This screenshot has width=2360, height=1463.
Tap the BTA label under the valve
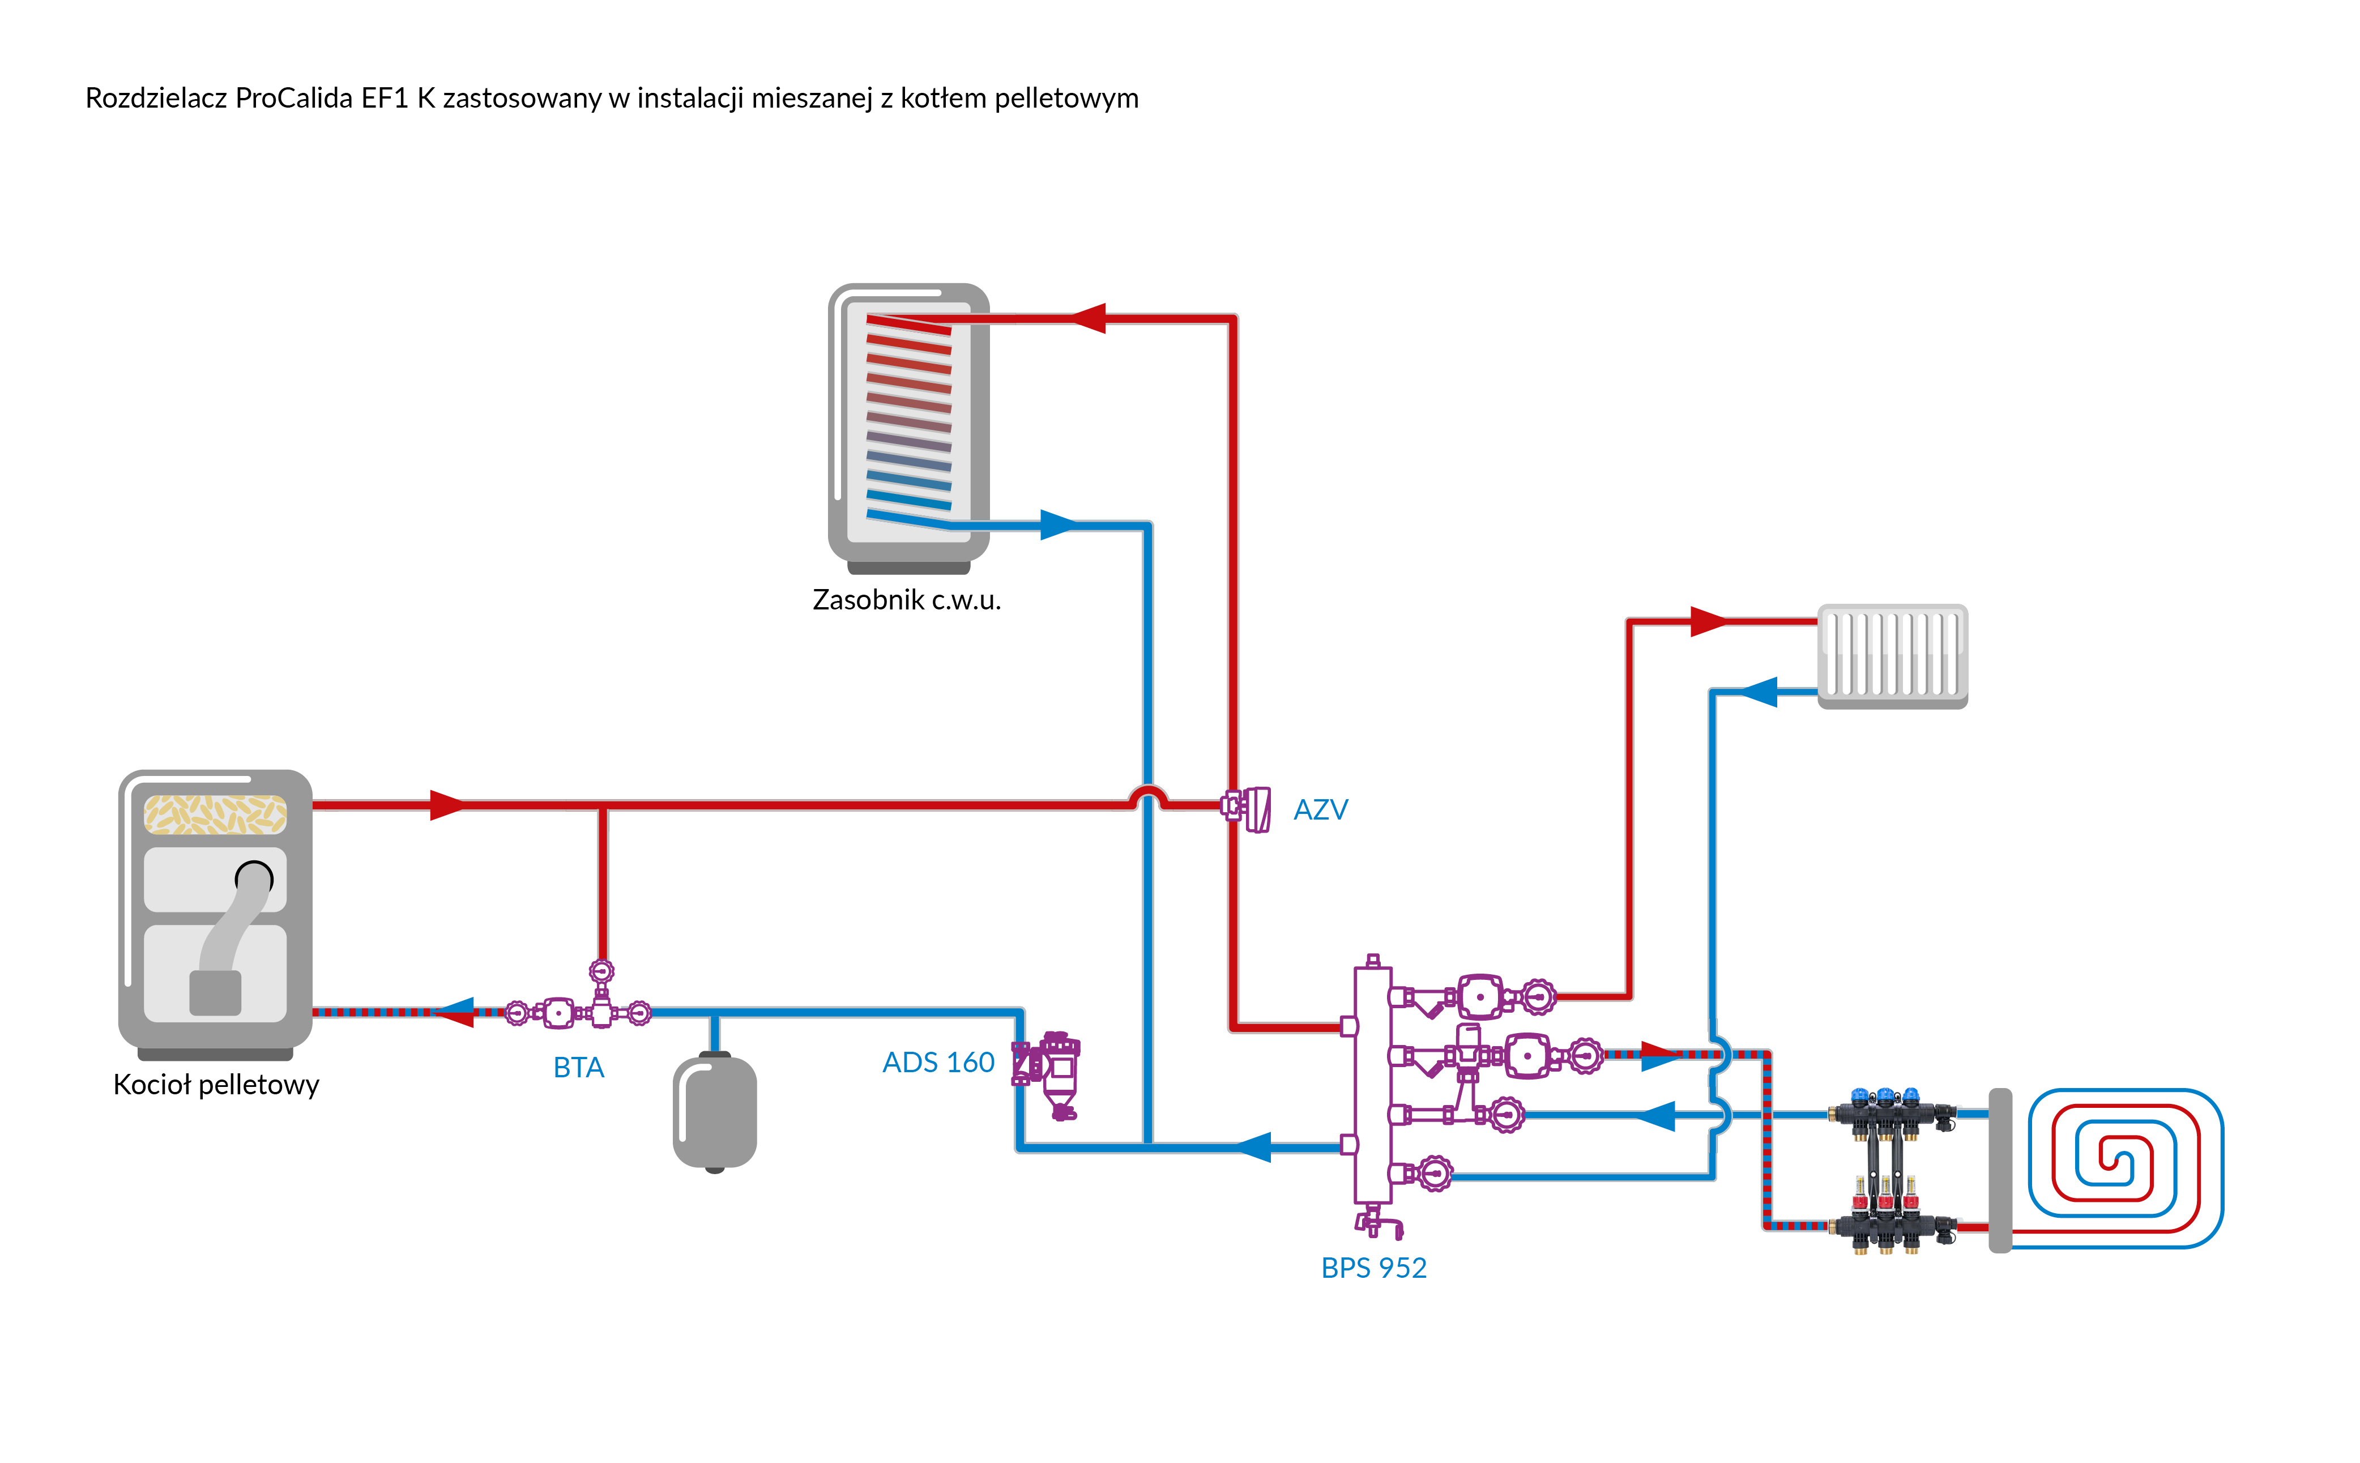(x=578, y=1067)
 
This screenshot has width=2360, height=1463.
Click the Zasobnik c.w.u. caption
(x=906, y=600)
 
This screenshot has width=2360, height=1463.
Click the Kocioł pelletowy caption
(x=216, y=1085)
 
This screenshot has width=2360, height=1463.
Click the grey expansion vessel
(x=715, y=1113)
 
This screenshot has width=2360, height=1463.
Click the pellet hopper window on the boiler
(x=215, y=814)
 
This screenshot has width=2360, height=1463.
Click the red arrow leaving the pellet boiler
(x=447, y=804)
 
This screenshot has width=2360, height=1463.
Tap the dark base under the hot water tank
(x=908, y=567)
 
